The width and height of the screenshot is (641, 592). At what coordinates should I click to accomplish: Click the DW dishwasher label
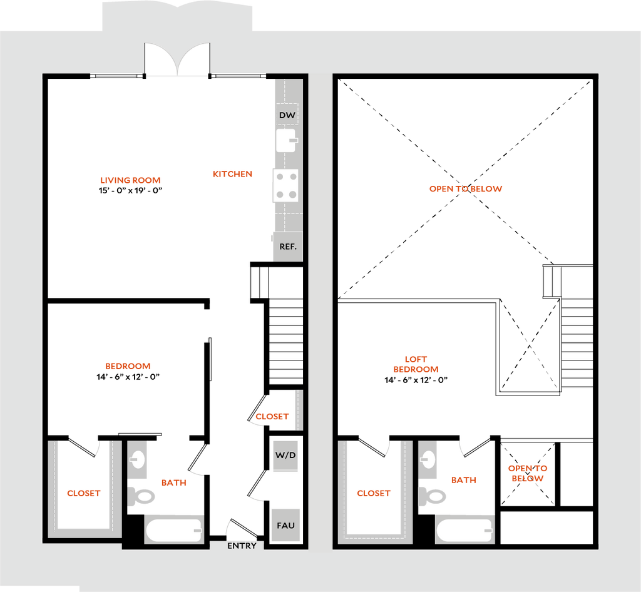[x=287, y=115]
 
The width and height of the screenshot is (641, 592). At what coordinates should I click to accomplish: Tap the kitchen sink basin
[x=287, y=140]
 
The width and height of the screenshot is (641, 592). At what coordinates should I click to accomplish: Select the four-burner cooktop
[x=285, y=186]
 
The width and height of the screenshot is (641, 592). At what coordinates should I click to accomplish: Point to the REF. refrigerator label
[x=288, y=247]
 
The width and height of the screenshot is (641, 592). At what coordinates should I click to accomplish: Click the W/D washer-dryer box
[x=285, y=455]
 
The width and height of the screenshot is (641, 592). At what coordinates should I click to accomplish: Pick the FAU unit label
[x=285, y=525]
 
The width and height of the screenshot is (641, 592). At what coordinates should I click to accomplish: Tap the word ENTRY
[x=242, y=546]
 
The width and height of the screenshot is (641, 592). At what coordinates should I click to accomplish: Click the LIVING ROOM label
[x=131, y=180]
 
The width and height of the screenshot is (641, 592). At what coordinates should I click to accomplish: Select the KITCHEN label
[x=232, y=175]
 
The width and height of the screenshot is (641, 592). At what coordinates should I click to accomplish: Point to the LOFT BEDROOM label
[x=416, y=364]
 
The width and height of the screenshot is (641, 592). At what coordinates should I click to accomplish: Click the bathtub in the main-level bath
[x=175, y=530]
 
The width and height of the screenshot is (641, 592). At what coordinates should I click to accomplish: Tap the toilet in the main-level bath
[x=141, y=496]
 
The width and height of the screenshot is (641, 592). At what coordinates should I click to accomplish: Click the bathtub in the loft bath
[x=465, y=530]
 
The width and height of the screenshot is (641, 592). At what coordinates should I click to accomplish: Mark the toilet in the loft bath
[x=433, y=496]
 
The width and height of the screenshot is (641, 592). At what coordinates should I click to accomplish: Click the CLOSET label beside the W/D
[x=272, y=417]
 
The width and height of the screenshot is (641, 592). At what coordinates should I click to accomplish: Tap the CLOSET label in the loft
[x=374, y=494]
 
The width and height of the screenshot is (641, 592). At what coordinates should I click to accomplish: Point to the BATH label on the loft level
[x=464, y=481]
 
